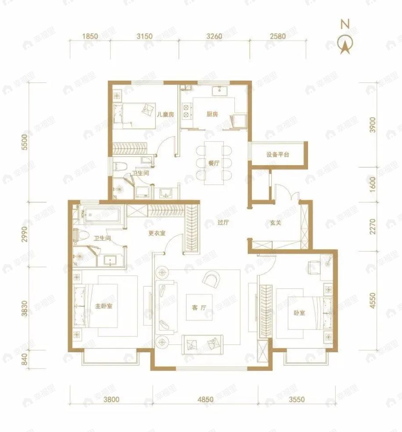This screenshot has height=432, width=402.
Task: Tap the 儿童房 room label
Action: (165, 115)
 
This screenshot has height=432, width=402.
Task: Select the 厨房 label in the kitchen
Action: (212, 115)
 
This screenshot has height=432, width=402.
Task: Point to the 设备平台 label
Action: (277, 154)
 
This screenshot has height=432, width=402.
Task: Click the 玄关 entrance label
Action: (275, 222)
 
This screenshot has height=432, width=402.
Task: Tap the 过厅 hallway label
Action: (223, 222)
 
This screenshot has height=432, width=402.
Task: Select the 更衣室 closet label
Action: (157, 233)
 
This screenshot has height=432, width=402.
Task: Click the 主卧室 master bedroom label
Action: (104, 305)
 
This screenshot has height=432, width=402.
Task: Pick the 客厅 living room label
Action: (199, 308)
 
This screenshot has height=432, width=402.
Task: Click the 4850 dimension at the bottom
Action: (205, 399)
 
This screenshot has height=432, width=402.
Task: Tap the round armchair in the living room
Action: (212, 279)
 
